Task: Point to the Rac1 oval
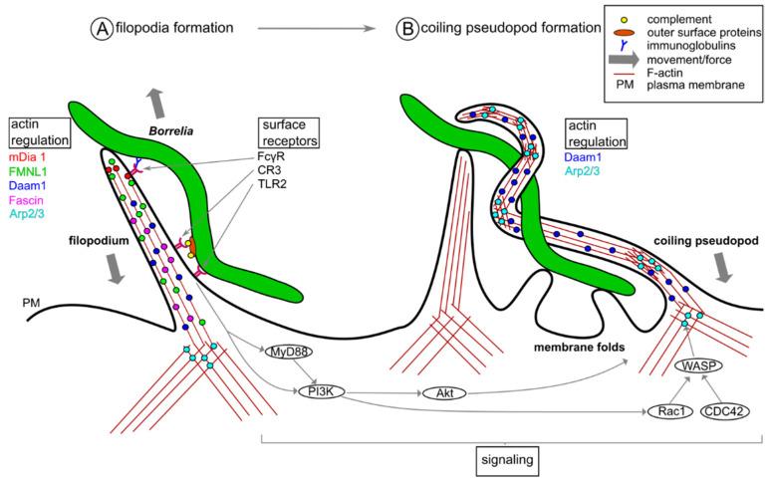pyautogui.click(x=667, y=409)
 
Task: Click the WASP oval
pyautogui.click(x=699, y=366)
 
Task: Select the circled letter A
pyautogui.click(x=102, y=29)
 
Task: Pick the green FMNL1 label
pyautogui.click(x=33, y=170)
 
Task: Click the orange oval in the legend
pyautogui.click(x=624, y=32)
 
